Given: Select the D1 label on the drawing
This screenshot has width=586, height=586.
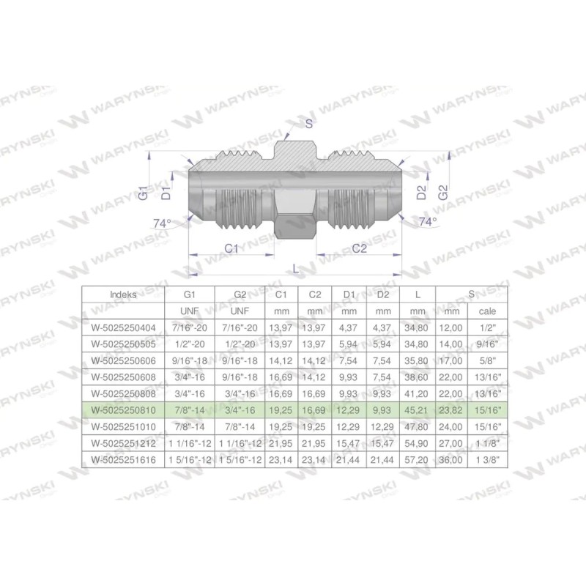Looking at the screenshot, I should (167, 193).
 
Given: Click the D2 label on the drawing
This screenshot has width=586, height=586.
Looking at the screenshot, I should (421, 193).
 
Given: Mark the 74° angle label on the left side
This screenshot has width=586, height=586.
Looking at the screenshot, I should (161, 223).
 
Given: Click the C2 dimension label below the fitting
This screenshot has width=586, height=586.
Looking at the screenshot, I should (359, 249).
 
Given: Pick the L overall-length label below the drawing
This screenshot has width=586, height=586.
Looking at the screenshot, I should (295, 270).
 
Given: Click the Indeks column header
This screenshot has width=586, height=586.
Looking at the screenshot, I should (122, 294).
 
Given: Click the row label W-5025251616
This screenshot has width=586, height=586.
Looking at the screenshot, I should (122, 460).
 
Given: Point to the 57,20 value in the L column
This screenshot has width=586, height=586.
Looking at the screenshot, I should (417, 460).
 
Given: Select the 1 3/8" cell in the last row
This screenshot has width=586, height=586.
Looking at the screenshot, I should (488, 460).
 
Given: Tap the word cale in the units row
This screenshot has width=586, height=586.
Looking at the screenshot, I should (488, 311).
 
